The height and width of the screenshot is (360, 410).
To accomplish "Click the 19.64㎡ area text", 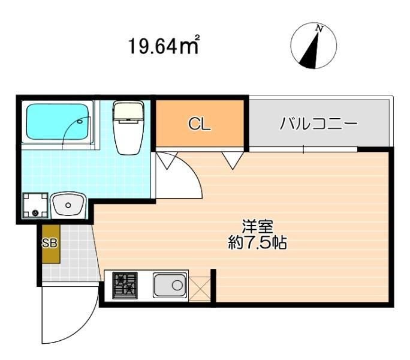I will click(163, 46).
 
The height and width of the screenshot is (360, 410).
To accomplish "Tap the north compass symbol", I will click(313, 46).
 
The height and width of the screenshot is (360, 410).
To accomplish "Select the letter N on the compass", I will click(320, 29).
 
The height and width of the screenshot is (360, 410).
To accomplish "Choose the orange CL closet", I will click(200, 124).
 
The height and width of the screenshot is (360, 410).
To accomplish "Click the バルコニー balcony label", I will click(318, 124).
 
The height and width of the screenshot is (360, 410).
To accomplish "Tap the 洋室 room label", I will click(258, 227).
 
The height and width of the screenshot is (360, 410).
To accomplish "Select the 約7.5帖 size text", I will click(258, 244).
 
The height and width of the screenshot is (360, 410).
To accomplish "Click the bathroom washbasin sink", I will click(68, 206).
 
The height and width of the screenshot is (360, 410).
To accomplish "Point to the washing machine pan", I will click(34, 206).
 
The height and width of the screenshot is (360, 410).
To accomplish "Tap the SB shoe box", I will click(50, 244).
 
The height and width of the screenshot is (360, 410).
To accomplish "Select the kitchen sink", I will click(170, 286).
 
